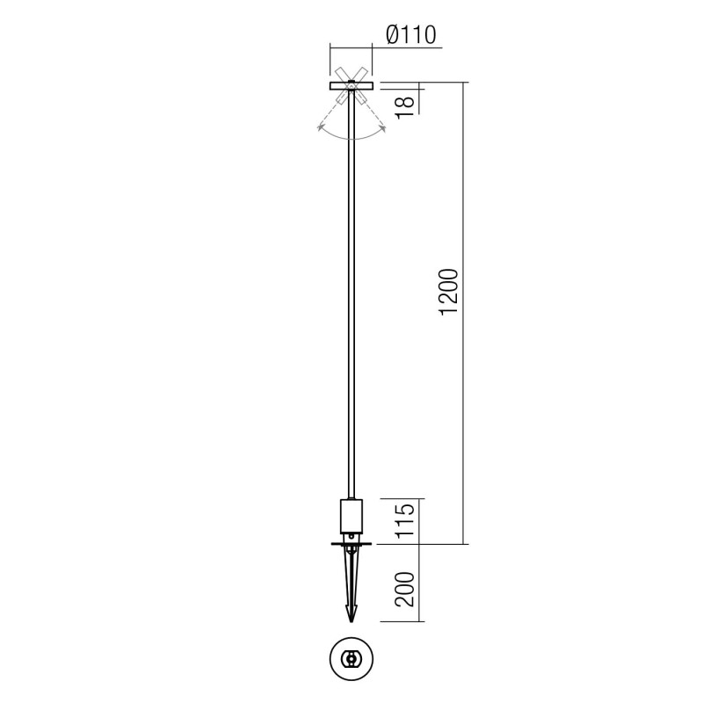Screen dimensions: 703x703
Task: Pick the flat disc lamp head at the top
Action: tap(351, 85)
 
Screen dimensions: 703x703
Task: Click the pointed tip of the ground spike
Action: tap(351, 620)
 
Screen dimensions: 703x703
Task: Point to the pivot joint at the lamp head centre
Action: tap(351, 84)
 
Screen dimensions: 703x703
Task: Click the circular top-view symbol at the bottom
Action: tap(351, 658)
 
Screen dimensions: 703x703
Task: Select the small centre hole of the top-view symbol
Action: tap(351, 658)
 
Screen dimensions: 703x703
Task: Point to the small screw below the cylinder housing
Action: tap(351, 533)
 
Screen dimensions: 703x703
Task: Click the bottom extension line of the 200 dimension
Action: tap(395, 622)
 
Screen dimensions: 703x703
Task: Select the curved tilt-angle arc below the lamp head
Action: tap(351, 138)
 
